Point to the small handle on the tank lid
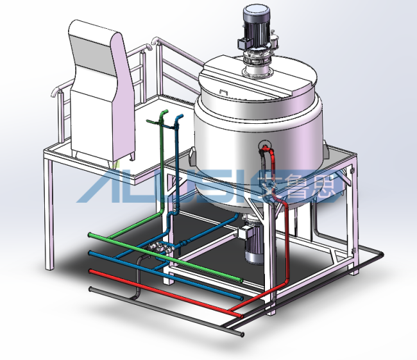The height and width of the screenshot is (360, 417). (x=224, y=92)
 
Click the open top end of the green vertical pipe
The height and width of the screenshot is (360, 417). (x=165, y=111)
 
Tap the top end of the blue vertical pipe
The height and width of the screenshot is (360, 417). (x=181, y=116)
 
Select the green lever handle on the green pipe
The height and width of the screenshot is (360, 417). (x=153, y=121)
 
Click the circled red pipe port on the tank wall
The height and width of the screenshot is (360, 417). (x=265, y=146)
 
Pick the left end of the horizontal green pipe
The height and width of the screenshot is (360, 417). (x=90, y=235)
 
